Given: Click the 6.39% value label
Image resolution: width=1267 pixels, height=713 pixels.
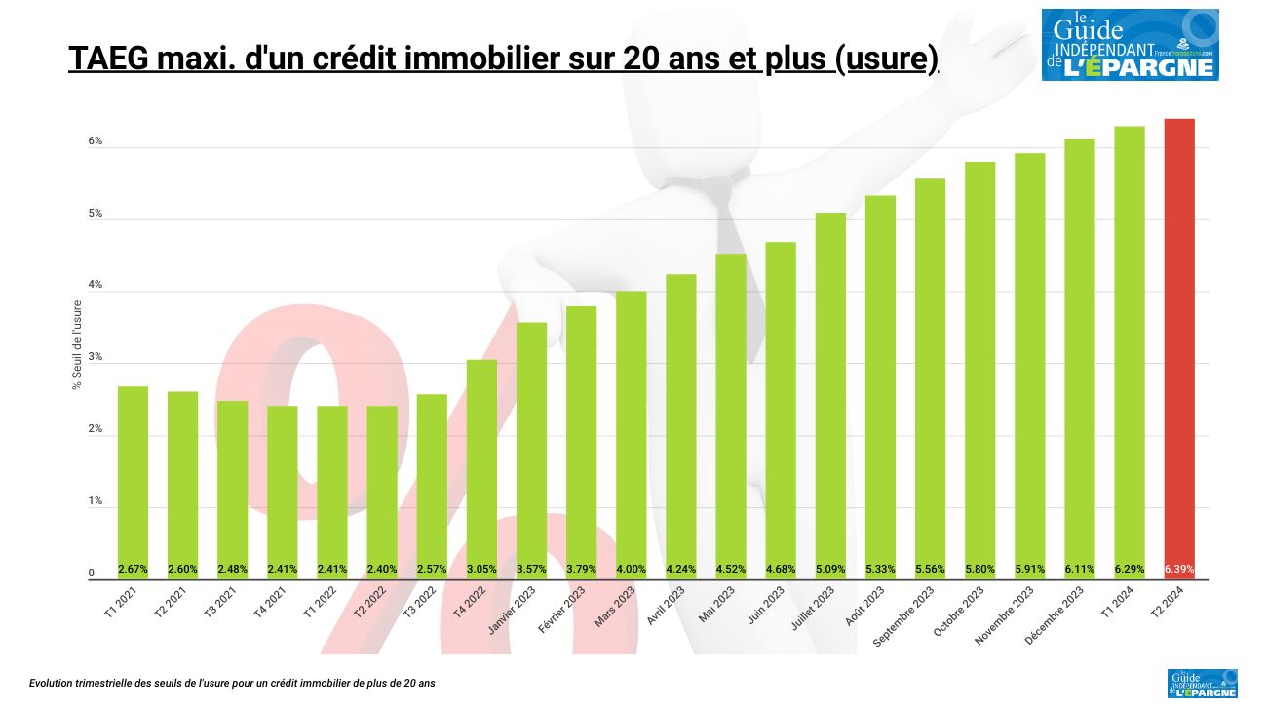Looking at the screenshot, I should pyautogui.click(x=1178, y=569).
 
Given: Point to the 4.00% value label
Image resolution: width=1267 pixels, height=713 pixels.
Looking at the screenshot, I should pyautogui.click(x=631, y=569).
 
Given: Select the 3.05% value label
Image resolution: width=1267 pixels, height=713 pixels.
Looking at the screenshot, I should pyautogui.click(x=481, y=569).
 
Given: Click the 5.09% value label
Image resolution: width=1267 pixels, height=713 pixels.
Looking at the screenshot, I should pyautogui.click(x=830, y=569).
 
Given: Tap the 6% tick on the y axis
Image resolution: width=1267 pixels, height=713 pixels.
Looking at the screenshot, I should pyautogui.click(x=96, y=141).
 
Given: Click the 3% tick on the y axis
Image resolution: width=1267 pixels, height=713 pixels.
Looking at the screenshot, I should pyautogui.click(x=96, y=358).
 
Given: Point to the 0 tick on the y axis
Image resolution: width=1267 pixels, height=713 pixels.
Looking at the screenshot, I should pyautogui.click(x=92, y=574).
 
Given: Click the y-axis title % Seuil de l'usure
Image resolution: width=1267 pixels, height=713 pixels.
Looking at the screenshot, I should pyautogui.click(x=77, y=345).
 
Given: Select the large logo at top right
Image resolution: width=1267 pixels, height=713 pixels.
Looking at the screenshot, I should pyautogui.click(x=1130, y=45).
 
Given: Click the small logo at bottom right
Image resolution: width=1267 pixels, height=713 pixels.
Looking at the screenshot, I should pyautogui.click(x=1202, y=683).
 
